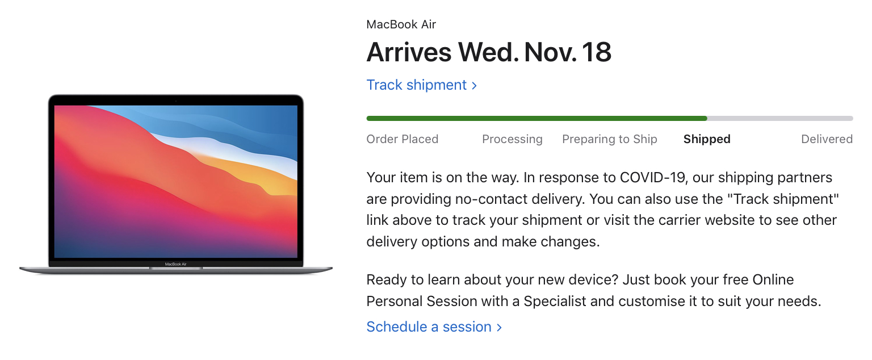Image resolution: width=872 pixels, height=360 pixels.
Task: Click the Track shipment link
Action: pyautogui.click(x=422, y=85)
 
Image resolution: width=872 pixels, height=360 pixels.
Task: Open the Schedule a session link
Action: pyautogui.click(x=434, y=327)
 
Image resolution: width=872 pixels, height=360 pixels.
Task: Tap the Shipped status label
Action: pyautogui.click(x=707, y=139)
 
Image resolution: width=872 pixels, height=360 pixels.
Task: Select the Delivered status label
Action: pyautogui.click(x=827, y=139)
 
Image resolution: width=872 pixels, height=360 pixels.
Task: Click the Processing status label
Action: pyautogui.click(x=512, y=139)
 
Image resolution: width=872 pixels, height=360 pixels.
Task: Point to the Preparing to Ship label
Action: pyautogui.click(x=610, y=139)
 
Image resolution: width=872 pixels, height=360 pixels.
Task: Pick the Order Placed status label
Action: pyautogui.click(x=402, y=139)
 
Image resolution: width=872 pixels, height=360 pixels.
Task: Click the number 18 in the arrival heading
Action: pyautogui.click(x=597, y=52)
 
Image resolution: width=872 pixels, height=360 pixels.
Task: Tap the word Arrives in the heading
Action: pyautogui.click(x=409, y=52)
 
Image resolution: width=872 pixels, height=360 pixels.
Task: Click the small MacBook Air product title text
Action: pyautogui.click(x=401, y=24)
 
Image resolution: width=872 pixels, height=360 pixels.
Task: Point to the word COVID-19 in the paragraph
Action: pyautogui.click(x=652, y=178)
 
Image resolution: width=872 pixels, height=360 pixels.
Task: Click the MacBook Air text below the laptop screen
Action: pyautogui.click(x=175, y=264)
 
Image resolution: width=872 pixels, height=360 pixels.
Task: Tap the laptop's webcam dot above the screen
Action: pyautogui.click(x=175, y=101)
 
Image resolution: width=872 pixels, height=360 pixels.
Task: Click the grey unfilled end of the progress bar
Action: pyautogui.click(x=779, y=118)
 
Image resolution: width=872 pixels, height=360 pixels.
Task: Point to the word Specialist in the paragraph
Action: pyautogui.click(x=555, y=302)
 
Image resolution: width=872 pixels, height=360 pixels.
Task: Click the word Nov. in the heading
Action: pyautogui.click(x=551, y=52)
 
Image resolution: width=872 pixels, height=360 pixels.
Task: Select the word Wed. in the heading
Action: pyautogui.click(x=488, y=52)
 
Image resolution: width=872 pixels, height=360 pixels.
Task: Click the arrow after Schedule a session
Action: pyautogui.click(x=499, y=328)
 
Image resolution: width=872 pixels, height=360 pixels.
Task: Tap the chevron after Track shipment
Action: pyautogui.click(x=474, y=86)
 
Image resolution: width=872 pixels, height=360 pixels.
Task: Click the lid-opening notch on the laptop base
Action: pyautogui.click(x=176, y=268)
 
